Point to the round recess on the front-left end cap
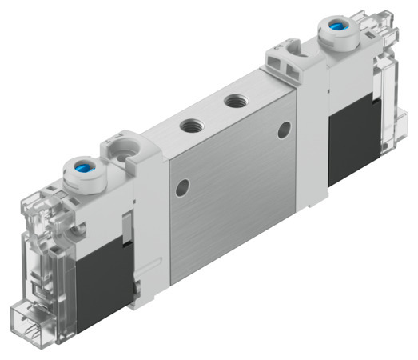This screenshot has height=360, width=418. coord(122,153)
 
